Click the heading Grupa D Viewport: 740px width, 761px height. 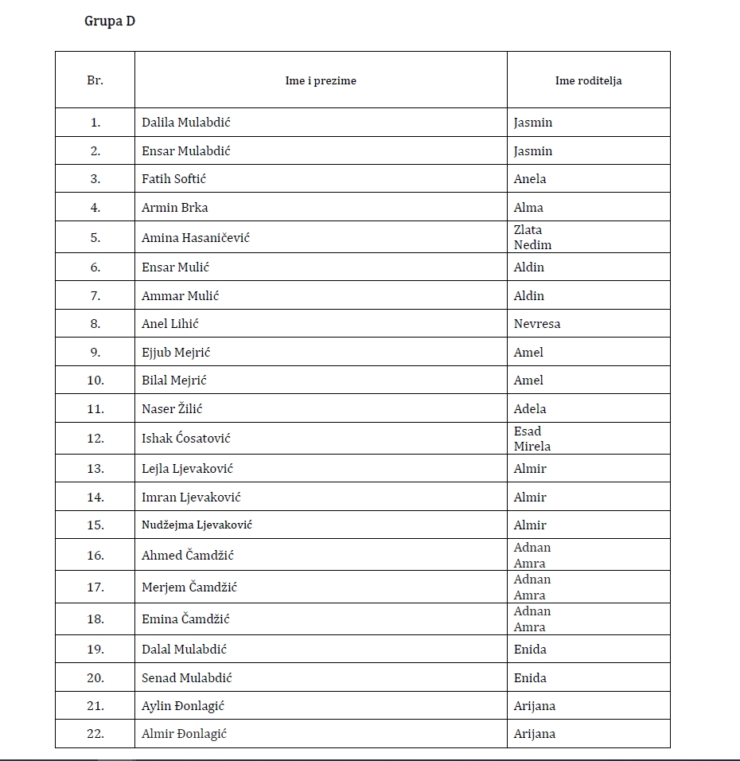click(110, 21)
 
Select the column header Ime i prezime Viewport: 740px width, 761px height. click(321, 80)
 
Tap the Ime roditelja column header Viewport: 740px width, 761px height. click(588, 80)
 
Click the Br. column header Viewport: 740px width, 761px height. click(95, 80)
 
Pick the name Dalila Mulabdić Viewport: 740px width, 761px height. click(186, 123)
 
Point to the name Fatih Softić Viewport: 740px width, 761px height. click(173, 179)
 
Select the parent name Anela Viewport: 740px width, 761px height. click(530, 179)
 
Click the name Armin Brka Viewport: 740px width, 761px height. click(174, 208)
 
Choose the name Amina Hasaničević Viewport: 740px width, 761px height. click(196, 237)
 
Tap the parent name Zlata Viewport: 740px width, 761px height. click(528, 230)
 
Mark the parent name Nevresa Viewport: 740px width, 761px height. click(537, 324)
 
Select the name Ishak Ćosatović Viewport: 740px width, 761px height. click(186, 438)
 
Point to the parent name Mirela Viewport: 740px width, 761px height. click(532, 446)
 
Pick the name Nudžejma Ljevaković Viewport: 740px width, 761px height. click(197, 525)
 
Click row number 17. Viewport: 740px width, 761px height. click(95, 587)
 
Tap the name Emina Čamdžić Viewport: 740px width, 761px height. click(188, 619)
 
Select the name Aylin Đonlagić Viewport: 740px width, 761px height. click(184, 706)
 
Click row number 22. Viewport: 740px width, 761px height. click(95, 734)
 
